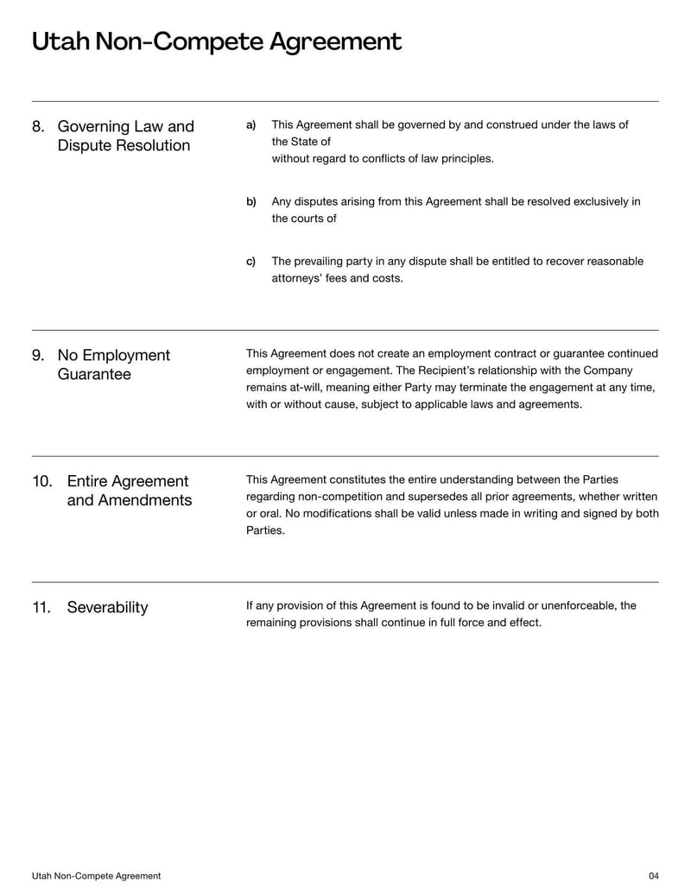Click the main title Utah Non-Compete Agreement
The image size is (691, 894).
point(216,41)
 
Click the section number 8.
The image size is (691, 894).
point(38,127)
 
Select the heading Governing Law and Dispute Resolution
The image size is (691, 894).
point(125,136)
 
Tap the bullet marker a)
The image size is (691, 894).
point(251,125)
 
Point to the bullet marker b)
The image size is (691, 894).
point(251,202)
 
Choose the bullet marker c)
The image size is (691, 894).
point(251,262)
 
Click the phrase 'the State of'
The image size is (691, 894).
point(301,142)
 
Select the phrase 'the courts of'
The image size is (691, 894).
point(304,219)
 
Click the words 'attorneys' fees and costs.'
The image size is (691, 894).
point(337,278)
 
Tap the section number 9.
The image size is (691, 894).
point(38,356)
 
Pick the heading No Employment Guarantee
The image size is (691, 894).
point(113,365)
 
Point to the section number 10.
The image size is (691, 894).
point(42,481)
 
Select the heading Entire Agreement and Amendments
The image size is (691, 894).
point(129,491)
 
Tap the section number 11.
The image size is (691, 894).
point(42,607)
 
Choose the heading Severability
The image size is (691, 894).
point(107,607)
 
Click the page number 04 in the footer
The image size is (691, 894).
point(653,876)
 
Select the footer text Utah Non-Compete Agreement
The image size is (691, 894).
point(96,876)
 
